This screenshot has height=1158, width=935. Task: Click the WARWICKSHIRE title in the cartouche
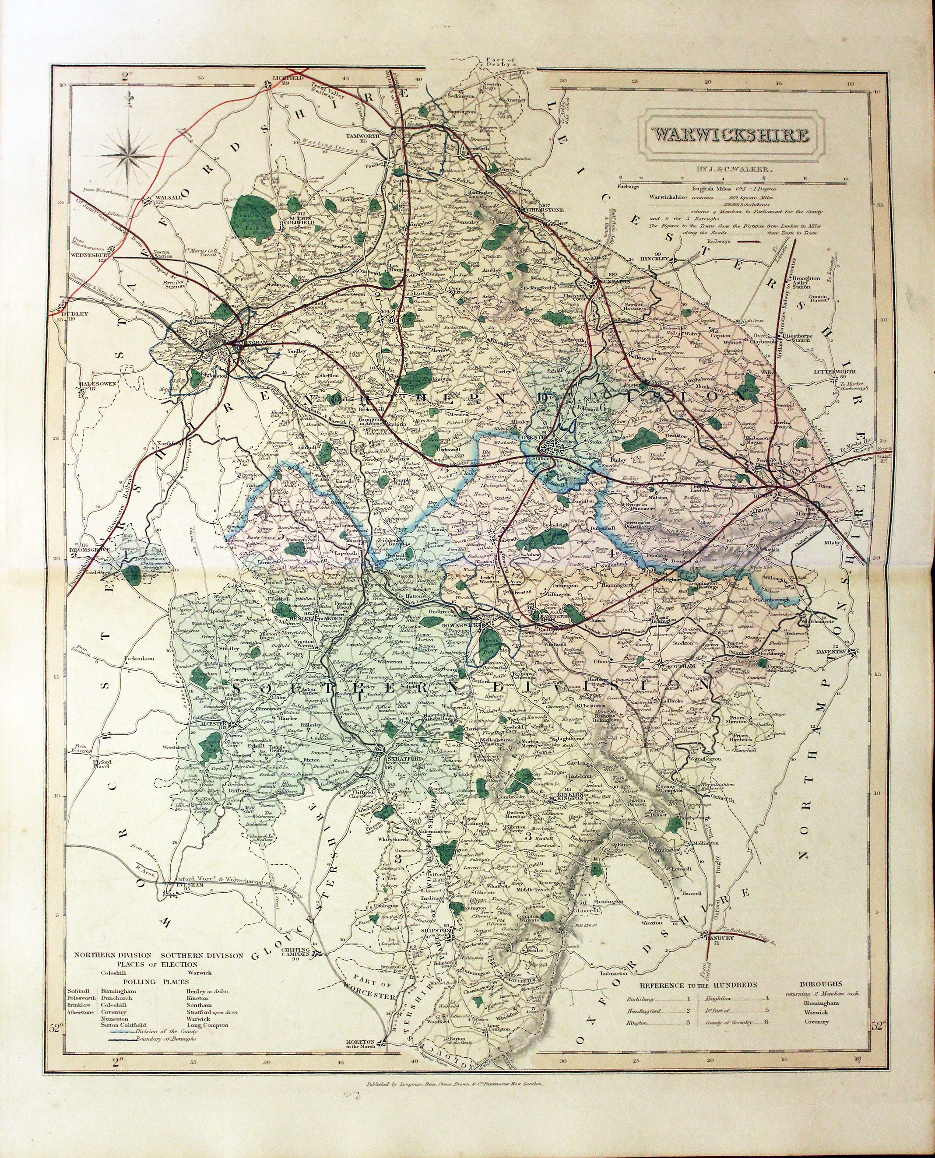coord(730,135)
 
